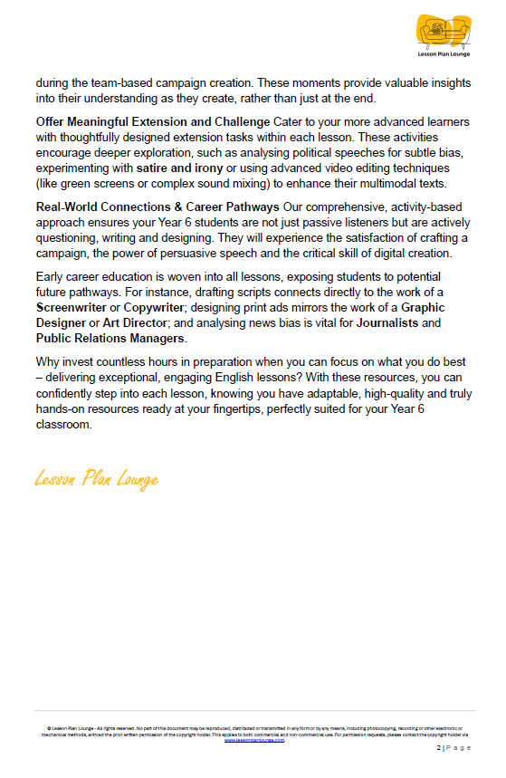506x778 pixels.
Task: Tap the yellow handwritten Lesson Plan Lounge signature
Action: tap(96, 478)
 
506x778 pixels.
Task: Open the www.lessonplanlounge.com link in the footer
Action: tap(253, 740)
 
